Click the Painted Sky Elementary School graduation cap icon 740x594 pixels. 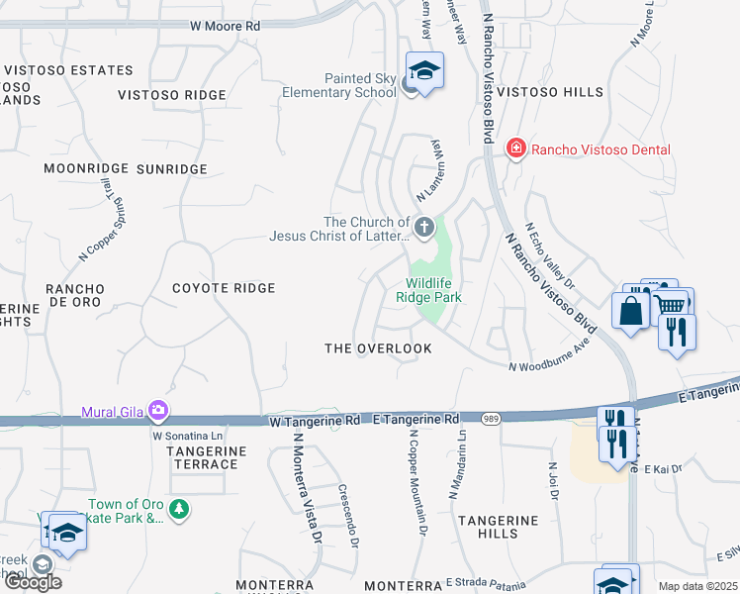[424, 71]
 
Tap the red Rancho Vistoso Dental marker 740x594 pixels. [514, 149]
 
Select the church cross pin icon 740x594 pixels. [423, 229]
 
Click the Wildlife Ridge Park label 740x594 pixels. [428, 289]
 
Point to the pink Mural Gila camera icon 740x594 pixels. [158, 410]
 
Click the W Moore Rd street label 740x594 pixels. [226, 26]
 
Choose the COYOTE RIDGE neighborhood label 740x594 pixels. [224, 288]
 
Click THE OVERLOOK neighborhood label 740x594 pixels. [379, 348]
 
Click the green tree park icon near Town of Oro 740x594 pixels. [178, 510]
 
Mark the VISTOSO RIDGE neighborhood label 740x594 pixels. [171, 95]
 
